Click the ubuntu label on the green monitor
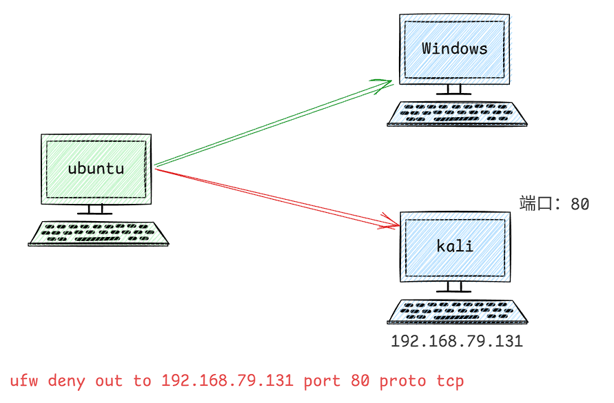(x=96, y=168)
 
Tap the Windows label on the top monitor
(x=454, y=48)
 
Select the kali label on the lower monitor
(x=455, y=246)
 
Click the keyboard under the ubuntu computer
(x=99, y=234)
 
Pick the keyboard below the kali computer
(x=457, y=312)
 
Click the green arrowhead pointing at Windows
(x=386, y=83)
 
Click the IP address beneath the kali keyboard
(x=457, y=341)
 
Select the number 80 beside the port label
(x=580, y=205)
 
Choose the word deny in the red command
(x=66, y=381)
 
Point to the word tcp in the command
(x=450, y=381)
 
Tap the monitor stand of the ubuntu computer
(x=95, y=209)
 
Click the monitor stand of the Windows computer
(x=455, y=90)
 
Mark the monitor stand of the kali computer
(x=455, y=287)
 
